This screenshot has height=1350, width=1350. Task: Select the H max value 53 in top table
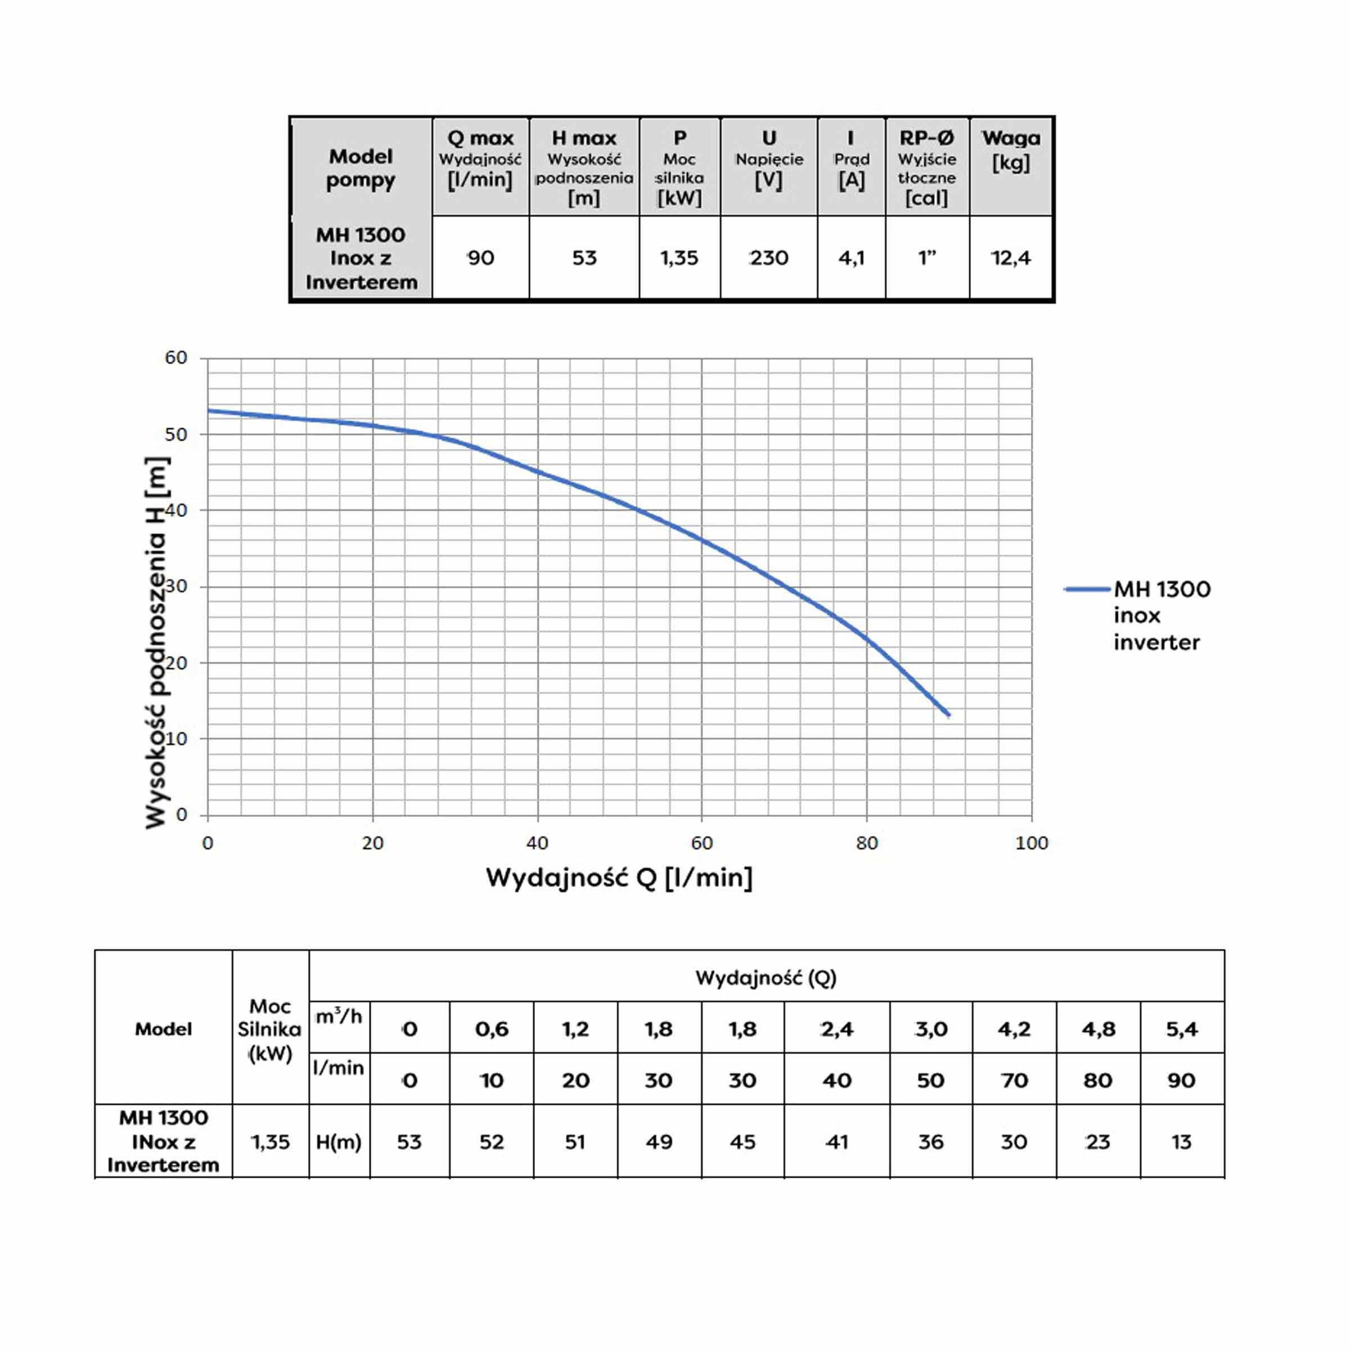click(x=584, y=258)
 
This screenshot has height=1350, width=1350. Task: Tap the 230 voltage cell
click(x=768, y=258)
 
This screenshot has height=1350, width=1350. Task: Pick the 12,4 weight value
click(x=1010, y=258)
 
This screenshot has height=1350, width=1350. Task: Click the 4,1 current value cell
click(x=851, y=258)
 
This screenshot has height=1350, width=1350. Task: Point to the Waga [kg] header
click(x=1010, y=150)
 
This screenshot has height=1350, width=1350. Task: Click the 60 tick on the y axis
click(x=176, y=358)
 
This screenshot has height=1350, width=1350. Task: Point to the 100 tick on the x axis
click(x=1032, y=843)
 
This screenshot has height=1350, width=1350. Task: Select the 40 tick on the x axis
click(x=537, y=843)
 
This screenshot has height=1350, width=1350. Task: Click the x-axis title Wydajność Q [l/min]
click(x=619, y=877)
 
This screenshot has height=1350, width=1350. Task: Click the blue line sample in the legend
click(x=1087, y=589)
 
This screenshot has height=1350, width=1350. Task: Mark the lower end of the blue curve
click(x=948, y=715)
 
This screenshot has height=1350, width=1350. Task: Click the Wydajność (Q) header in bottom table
click(x=766, y=978)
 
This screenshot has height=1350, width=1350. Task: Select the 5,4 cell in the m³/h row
click(x=1182, y=1029)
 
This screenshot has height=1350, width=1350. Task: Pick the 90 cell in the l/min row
click(x=1182, y=1080)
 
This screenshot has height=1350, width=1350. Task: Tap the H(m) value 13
click(x=1182, y=1142)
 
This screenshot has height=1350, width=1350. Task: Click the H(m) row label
click(x=339, y=1142)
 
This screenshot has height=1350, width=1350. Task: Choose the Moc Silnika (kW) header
click(x=270, y=1029)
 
